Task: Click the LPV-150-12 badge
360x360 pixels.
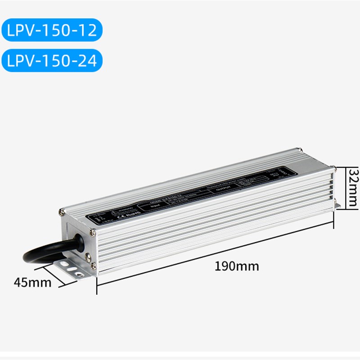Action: [52, 30]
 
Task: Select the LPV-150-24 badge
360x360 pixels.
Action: [52, 61]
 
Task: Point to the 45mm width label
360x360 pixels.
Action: [32, 283]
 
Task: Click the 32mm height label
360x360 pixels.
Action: [355, 187]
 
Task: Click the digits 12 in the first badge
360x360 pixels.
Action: [88, 30]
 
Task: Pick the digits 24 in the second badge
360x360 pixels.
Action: [88, 61]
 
